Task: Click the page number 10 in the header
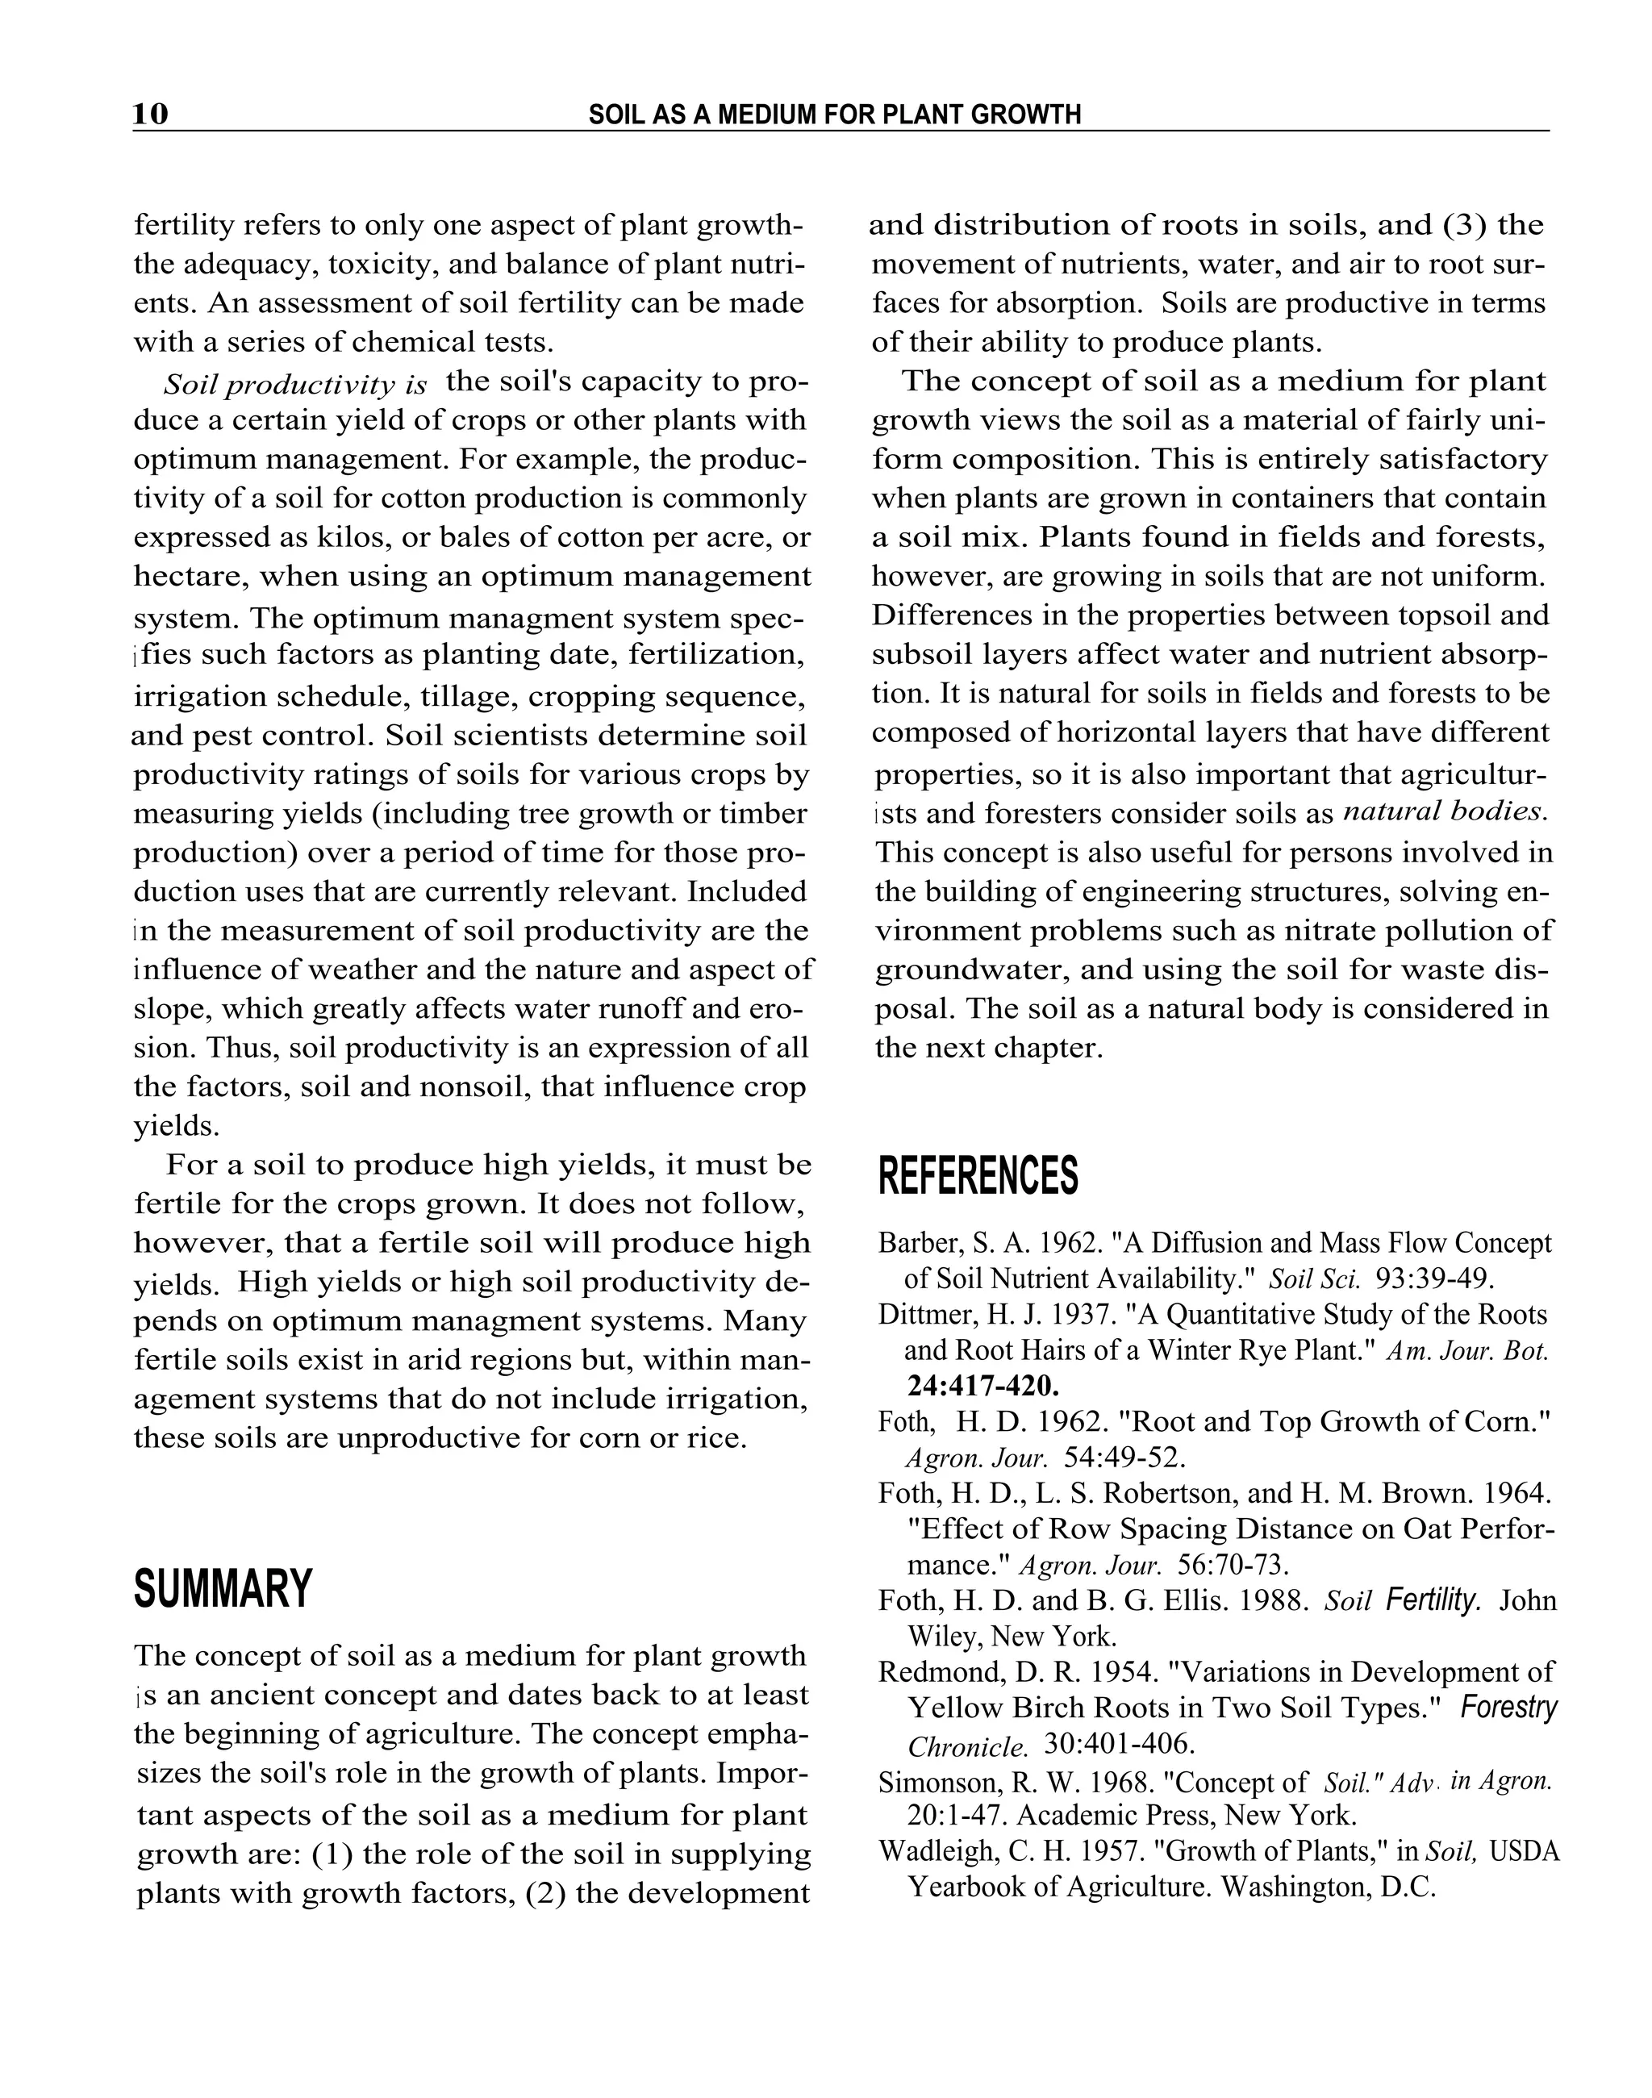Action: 151,115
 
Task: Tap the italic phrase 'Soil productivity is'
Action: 295,385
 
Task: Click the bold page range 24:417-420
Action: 982,1385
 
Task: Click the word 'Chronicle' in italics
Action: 967,1746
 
